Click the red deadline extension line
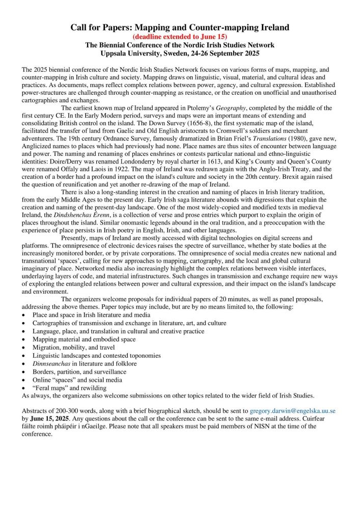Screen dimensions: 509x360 pos(180,37)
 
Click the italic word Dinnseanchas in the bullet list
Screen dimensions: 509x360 pos(51,363)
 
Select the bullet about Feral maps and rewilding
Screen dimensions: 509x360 pos(69,388)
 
